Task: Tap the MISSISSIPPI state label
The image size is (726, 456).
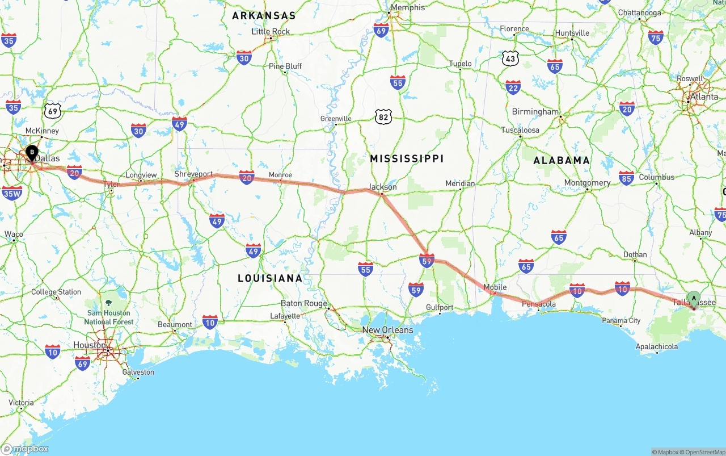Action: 407,158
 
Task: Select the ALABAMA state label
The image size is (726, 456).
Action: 562,161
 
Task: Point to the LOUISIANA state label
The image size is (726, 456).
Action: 270,278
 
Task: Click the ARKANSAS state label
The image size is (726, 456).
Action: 264,16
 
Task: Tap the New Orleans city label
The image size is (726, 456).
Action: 388,330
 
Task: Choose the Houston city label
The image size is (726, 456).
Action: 90,345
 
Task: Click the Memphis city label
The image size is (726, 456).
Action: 408,8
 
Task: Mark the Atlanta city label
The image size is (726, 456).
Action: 703,97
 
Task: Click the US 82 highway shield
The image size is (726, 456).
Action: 383,117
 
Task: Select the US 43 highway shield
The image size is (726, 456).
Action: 510,58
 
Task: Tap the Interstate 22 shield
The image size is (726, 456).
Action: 513,87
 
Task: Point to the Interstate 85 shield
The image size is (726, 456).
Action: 627,178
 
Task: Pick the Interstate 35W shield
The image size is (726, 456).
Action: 12,194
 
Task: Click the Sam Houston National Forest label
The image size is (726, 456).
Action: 109,317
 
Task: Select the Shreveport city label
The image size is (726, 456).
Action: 193,174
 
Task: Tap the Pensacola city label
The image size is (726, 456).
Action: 539,304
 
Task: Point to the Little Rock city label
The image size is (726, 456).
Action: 271,31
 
